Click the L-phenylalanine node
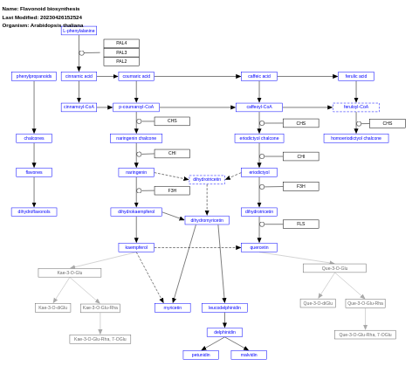[x=79, y=31]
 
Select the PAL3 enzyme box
[x=121, y=52]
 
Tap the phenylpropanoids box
[x=34, y=76]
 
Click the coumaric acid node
[x=136, y=76]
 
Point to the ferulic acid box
[x=356, y=76]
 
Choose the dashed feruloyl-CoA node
[x=356, y=107]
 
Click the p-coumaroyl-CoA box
[x=136, y=107]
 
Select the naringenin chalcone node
[x=136, y=138]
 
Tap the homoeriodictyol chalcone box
[x=356, y=138]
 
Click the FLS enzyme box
[x=300, y=224]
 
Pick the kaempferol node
[x=136, y=247]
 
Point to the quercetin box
[x=259, y=247]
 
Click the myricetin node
[x=173, y=307]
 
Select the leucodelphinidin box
[x=224, y=307]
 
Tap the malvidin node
[x=249, y=355]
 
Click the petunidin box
[x=201, y=355]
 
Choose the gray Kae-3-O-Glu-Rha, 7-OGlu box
[x=100, y=339]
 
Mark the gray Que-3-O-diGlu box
[x=318, y=303]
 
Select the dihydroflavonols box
[x=34, y=211]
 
